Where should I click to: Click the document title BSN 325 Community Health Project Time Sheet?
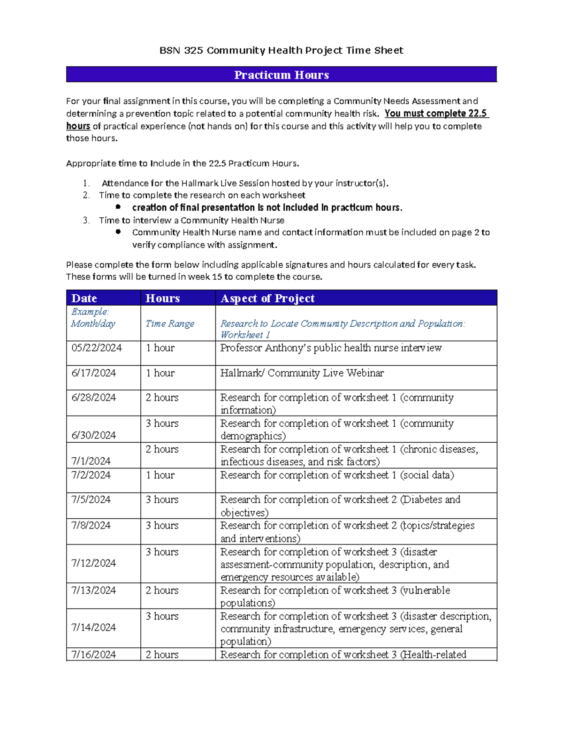[x=281, y=50]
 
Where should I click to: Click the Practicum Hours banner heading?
[x=281, y=75]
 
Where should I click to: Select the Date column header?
[x=84, y=299]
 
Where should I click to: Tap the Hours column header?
[x=162, y=299]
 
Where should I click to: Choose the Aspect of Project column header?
[x=267, y=299]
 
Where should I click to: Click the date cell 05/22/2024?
[x=96, y=348]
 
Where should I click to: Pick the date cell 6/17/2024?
[x=93, y=373]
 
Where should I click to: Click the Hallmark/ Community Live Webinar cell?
[x=302, y=373]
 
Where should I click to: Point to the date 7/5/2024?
[x=91, y=499]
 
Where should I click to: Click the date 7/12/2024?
[x=93, y=563]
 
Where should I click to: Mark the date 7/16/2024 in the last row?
[x=93, y=654]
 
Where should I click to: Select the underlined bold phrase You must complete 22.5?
[x=436, y=114]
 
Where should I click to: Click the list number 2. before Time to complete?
[x=86, y=195]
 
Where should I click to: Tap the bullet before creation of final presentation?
[x=118, y=207]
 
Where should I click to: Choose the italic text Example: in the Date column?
[x=90, y=312]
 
